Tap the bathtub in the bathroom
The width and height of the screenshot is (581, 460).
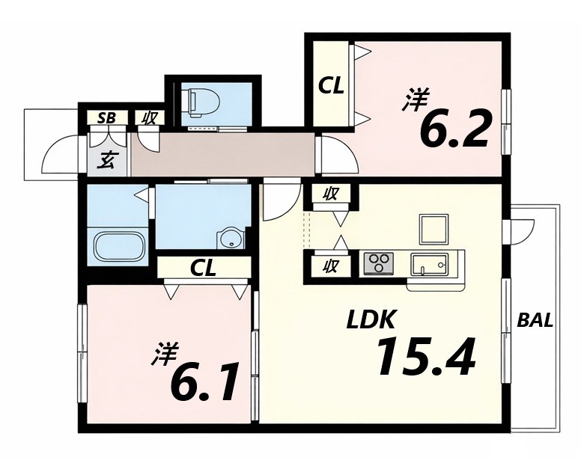(x=120, y=245)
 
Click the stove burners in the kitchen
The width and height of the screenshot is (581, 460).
(x=380, y=264)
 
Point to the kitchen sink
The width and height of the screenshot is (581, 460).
(x=429, y=264)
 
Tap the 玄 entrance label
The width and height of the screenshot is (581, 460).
(x=107, y=161)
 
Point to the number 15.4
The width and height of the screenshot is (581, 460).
(x=425, y=358)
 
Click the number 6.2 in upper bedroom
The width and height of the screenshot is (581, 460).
(x=454, y=129)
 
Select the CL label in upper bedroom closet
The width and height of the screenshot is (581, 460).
(x=330, y=86)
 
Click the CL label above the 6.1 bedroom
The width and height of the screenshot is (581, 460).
(x=203, y=268)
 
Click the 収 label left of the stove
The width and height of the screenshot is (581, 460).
(x=330, y=266)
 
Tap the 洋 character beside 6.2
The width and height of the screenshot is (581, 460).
(x=414, y=100)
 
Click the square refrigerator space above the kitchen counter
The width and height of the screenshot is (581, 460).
(x=434, y=228)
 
